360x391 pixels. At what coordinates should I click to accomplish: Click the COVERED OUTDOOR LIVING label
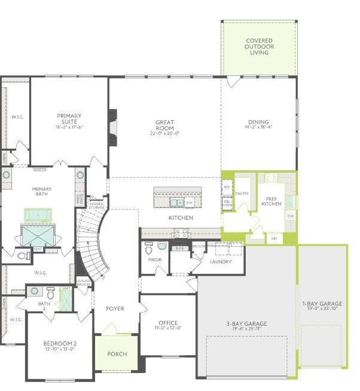259,47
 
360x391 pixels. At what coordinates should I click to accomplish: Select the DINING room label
258,123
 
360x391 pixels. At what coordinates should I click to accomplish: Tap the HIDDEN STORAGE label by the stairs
96,205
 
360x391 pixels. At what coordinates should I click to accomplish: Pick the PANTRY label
242,194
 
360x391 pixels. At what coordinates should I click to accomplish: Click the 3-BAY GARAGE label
246,325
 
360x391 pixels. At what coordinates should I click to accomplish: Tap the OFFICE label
168,324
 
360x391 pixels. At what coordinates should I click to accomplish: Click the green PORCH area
117,354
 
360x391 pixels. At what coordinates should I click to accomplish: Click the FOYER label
115,308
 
